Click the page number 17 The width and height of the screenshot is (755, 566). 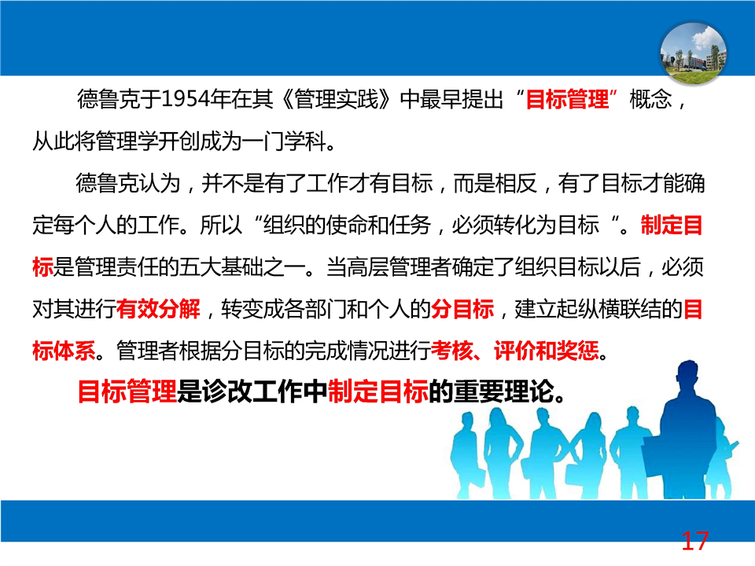(694, 541)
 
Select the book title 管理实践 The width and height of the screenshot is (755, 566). (336, 99)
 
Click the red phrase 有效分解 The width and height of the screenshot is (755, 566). (158, 308)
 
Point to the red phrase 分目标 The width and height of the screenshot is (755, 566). (462, 308)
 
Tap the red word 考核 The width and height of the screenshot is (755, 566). (451, 351)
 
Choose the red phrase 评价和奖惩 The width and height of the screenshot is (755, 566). (547, 351)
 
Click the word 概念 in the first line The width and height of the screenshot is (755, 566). (650, 99)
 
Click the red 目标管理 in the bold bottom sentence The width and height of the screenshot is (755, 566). (127, 391)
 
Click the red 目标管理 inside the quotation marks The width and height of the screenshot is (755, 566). (567, 99)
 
